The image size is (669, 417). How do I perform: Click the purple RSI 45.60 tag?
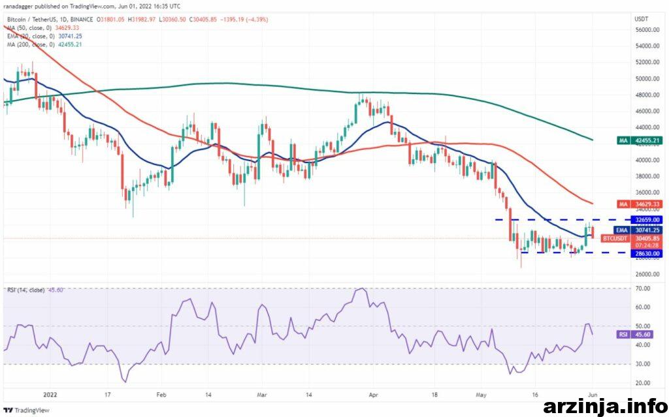click(636, 335)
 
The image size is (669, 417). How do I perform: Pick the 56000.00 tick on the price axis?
click(647, 30)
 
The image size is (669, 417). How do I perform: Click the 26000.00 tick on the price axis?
click(647, 274)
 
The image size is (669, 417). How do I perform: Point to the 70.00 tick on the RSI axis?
click(643, 288)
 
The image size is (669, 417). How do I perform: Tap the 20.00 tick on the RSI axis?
click(643, 383)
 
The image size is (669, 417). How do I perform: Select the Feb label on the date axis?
click(161, 395)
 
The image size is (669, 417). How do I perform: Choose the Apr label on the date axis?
click(373, 395)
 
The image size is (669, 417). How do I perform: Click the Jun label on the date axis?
click(593, 395)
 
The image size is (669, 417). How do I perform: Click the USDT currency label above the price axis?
click(642, 19)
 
